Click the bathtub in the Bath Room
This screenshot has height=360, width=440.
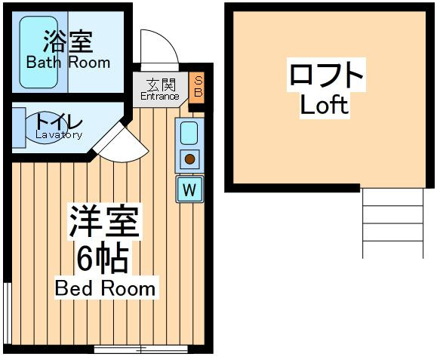(x=38, y=52)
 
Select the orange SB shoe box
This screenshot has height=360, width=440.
(x=198, y=88)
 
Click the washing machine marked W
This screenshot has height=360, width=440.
(x=189, y=189)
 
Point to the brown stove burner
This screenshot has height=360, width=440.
(x=190, y=159)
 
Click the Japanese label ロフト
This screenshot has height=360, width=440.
(x=326, y=75)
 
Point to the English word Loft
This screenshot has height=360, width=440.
(x=325, y=105)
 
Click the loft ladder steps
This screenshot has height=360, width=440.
(x=393, y=223)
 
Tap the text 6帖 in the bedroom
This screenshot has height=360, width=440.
(x=103, y=258)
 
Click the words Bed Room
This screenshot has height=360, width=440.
(x=105, y=288)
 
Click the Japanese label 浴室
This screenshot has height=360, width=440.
(x=68, y=42)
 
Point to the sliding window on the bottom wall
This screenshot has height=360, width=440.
(x=140, y=349)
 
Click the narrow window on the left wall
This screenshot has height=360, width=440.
(x=8, y=313)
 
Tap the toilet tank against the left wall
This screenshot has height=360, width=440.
(x=19, y=128)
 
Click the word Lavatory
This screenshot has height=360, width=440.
(x=59, y=135)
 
